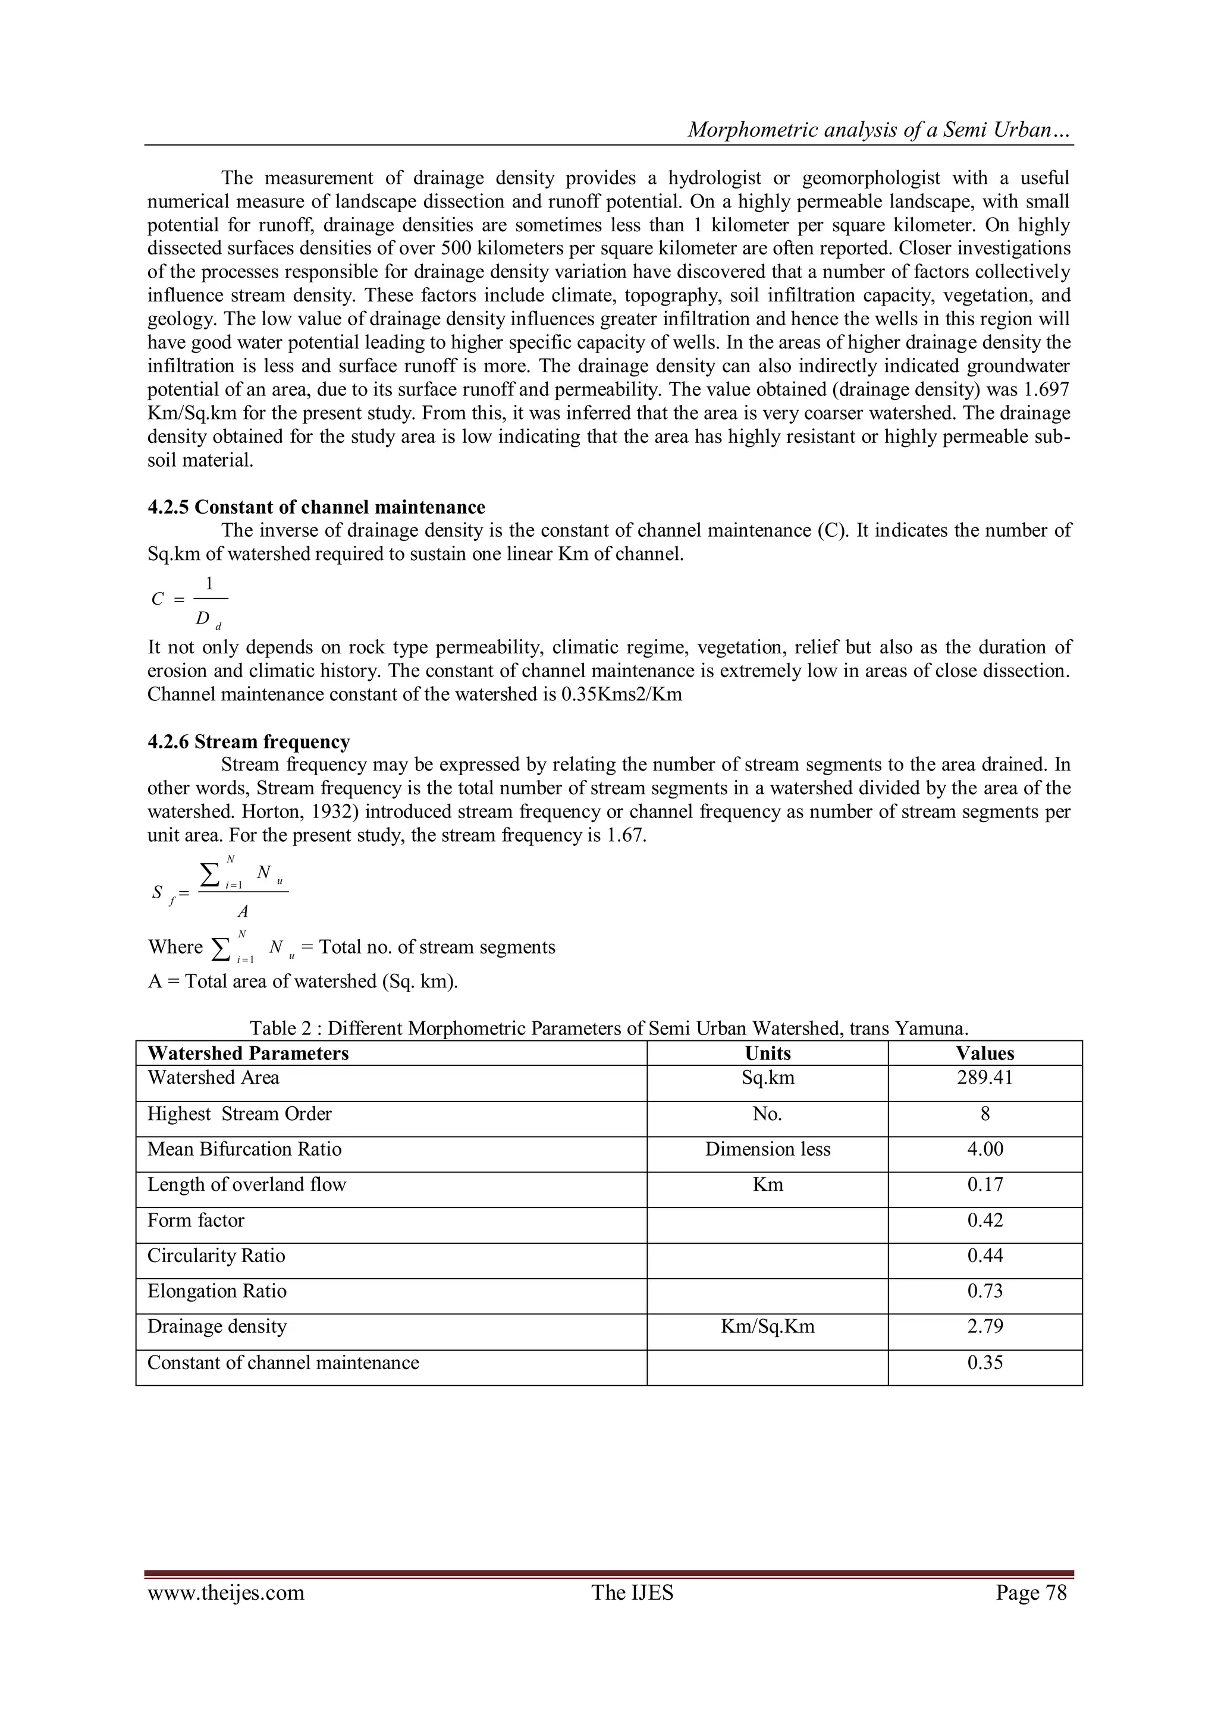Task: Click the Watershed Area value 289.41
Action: [x=984, y=1078]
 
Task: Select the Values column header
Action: [x=984, y=1053]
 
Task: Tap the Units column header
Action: [x=767, y=1053]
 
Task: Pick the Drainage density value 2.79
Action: [x=984, y=1327]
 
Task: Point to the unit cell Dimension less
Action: [x=767, y=1150]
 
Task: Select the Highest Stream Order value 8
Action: [x=984, y=1114]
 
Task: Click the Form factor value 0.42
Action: [x=984, y=1220]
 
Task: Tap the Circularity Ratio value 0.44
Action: [x=984, y=1256]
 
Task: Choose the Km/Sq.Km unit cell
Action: [x=767, y=1327]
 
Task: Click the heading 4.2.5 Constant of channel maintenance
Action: [x=316, y=508]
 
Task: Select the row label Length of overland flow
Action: [x=246, y=1185]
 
